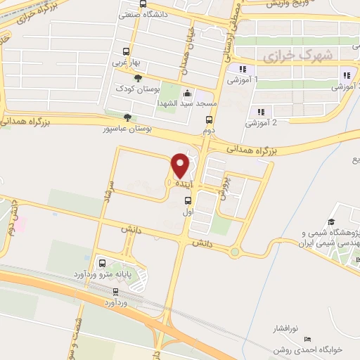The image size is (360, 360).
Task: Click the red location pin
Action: point(180,165)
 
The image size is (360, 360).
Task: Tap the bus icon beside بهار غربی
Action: point(126,51)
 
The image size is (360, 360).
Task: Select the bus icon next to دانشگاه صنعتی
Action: point(126,13)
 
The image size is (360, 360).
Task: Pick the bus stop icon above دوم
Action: point(207,119)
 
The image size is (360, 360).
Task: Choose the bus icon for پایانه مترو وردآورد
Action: point(103,264)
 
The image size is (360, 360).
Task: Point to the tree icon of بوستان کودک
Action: point(138,79)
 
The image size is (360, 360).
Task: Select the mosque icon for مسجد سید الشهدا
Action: point(187,93)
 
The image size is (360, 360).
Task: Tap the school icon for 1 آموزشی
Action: point(242,69)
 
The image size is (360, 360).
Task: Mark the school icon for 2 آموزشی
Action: point(261,111)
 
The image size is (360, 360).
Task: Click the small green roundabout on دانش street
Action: point(235,252)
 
